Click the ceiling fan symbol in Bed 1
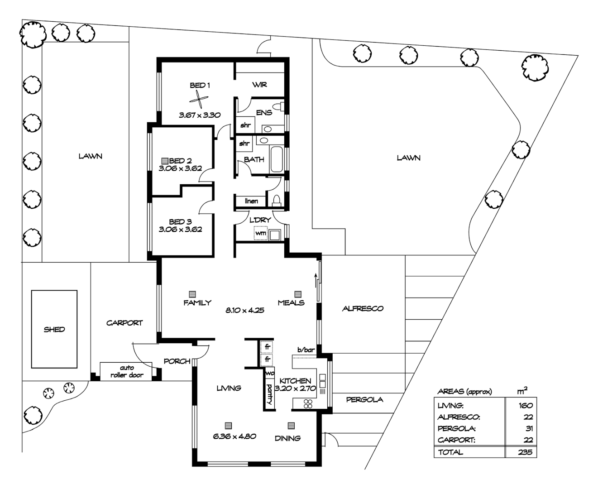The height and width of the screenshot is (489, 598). click(x=199, y=99)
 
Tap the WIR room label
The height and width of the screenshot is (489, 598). click(x=259, y=85)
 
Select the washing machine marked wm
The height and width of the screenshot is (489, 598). click(x=260, y=233)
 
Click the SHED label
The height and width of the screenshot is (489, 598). click(x=54, y=329)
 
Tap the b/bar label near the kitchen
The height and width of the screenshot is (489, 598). click(x=306, y=350)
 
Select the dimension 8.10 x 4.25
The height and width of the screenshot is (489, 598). click(x=245, y=311)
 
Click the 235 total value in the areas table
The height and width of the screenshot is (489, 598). click(x=525, y=452)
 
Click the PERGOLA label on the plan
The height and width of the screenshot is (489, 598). click(x=364, y=399)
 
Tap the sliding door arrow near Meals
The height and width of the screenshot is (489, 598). click(x=316, y=279)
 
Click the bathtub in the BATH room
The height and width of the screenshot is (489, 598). click(x=276, y=159)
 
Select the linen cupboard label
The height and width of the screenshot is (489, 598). click(x=251, y=201)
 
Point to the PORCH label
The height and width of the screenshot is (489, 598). click(x=177, y=361)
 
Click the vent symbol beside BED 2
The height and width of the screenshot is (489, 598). click(x=164, y=161)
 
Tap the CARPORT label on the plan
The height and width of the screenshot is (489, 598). click(x=124, y=323)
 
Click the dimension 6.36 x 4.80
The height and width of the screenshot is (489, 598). click(x=235, y=436)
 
